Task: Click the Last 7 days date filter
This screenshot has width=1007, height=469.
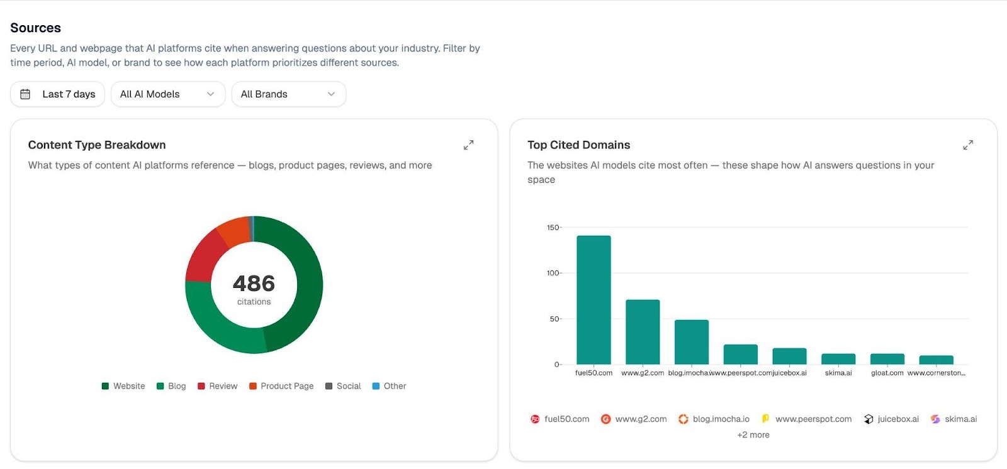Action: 57,94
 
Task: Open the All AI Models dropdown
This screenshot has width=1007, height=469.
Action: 167,94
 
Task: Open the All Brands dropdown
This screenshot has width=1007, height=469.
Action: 288,94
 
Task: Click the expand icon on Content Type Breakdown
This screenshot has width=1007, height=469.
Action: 468,145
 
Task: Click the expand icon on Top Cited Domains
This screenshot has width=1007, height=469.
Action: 968,145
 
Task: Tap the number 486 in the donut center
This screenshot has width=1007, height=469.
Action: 254,284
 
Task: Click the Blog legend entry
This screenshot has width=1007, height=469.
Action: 171,386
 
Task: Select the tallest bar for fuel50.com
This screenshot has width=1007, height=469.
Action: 594,300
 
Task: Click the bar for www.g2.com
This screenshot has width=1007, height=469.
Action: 643,332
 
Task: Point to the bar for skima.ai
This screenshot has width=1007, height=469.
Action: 838,359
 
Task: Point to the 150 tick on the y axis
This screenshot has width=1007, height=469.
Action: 553,228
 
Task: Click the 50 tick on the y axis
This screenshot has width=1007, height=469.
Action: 554,319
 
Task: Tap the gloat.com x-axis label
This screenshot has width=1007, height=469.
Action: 887,373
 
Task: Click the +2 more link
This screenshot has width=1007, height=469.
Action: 753,435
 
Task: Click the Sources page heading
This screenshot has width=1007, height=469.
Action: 36,28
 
